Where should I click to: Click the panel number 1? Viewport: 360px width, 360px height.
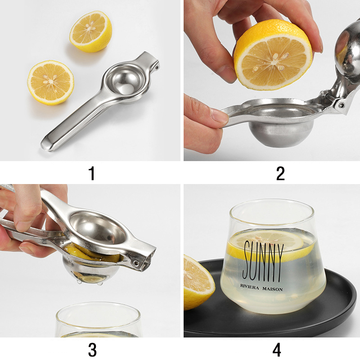pos(92,173)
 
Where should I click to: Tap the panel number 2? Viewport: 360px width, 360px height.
pos(280,173)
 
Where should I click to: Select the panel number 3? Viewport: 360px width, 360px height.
pos(92,349)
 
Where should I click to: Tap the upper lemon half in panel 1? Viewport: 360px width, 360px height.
pos(90,31)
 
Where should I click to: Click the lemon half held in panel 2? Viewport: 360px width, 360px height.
pos(273,54)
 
